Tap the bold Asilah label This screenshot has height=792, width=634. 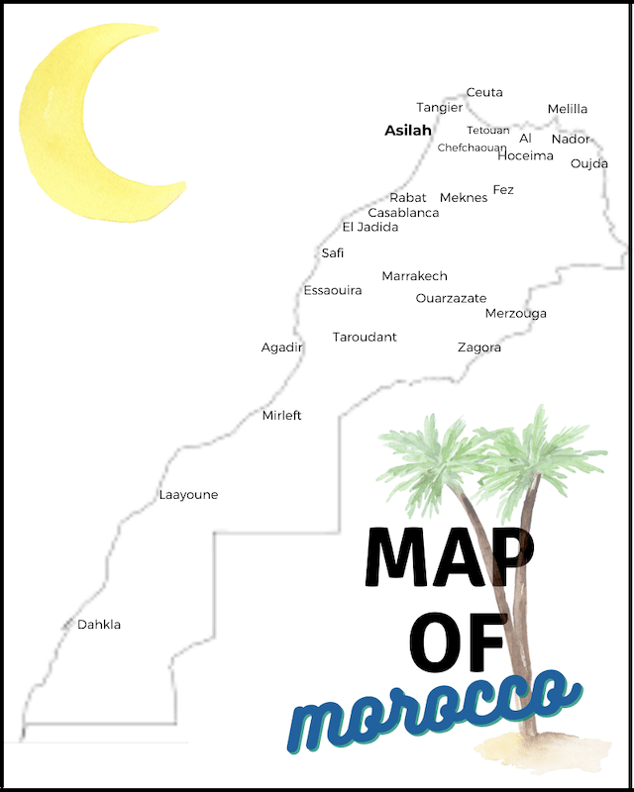point(408,130)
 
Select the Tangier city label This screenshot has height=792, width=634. point(439,107)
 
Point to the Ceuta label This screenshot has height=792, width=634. point(484,92)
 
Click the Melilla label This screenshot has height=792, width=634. point(568,109)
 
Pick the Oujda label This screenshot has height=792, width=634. point(589,163)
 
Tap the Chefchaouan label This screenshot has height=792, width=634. point(472,148)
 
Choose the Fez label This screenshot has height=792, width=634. point(503,189)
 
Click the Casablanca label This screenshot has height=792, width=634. point(403,213)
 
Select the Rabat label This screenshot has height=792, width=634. point(408,198)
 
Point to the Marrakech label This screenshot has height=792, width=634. point(415,276)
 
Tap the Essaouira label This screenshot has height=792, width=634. point(333,290)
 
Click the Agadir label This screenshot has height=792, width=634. point(281,347)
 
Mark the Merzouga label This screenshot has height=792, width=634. point(516,314)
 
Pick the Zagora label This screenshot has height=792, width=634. point(479,347)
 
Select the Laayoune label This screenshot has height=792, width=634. point(188,495)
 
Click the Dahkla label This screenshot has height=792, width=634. point(99,625)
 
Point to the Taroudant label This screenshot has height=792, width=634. point(365,337)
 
